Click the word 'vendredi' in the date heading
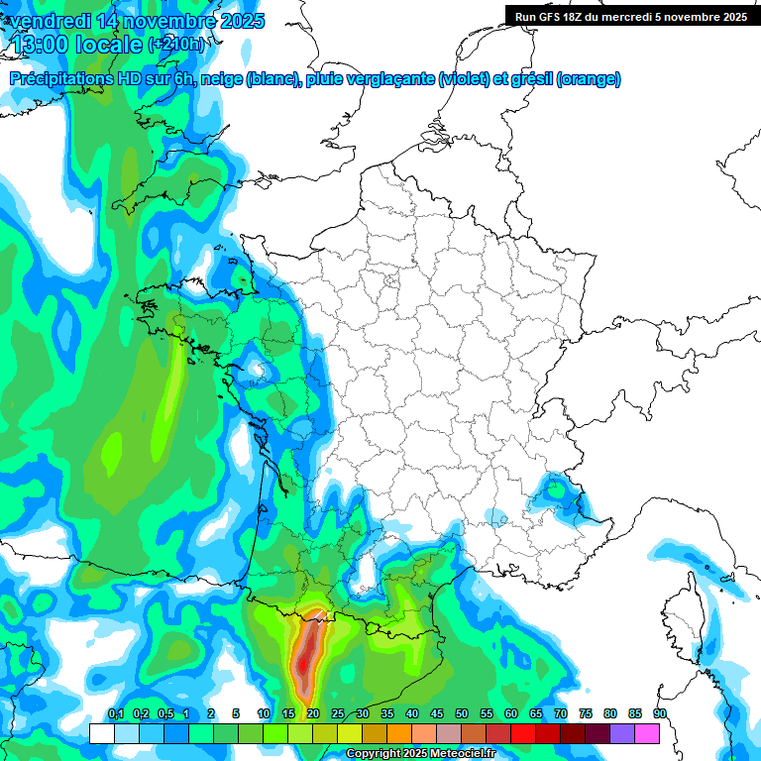[x=50, y=21]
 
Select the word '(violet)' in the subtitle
[x=464, y=79]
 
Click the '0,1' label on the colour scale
[x=115, y=714]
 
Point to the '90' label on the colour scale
[x=659, y=714]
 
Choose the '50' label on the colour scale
[x=462, y=714]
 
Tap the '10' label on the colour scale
[x=264, y=714]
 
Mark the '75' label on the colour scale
[x=585, y=714]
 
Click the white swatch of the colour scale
[x=101, y=733]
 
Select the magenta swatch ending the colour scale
[x=647, y=733]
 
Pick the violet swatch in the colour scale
[x=622, y=733]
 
